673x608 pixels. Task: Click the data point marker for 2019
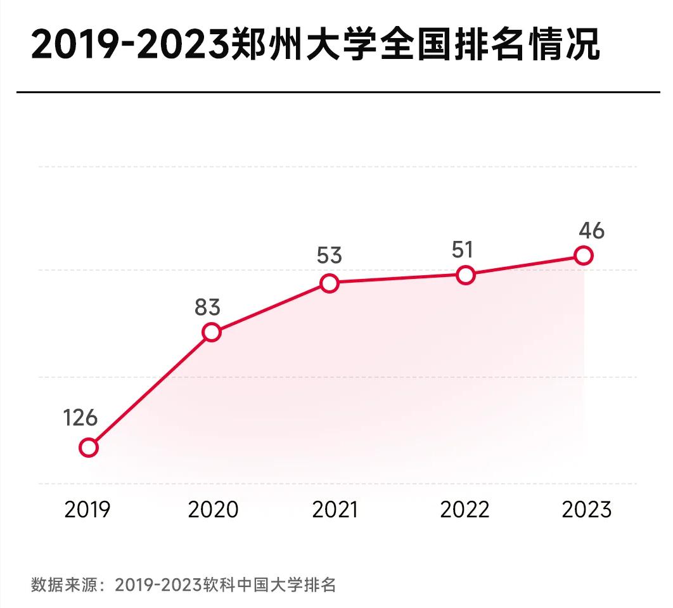click(89, 448)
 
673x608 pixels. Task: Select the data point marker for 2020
click(211, 332)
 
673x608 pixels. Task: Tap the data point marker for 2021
click(329, 283)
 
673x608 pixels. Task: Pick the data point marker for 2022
click(465, 275)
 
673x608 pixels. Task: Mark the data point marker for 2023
click(583, 255)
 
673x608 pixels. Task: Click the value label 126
click(80, 418)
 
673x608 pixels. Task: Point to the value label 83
click(207, 307)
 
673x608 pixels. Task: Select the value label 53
click(329, 256)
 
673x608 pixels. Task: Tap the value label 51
click(463, 250)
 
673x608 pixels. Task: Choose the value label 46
click(591, 231)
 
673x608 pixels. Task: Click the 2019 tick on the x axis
click(87, 510)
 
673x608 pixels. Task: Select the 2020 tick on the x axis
click(213, 510)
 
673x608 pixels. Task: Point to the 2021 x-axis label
click(335, 510)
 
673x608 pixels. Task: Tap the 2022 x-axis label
click(465, 510)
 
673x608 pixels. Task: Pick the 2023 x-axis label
click(587, 510)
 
